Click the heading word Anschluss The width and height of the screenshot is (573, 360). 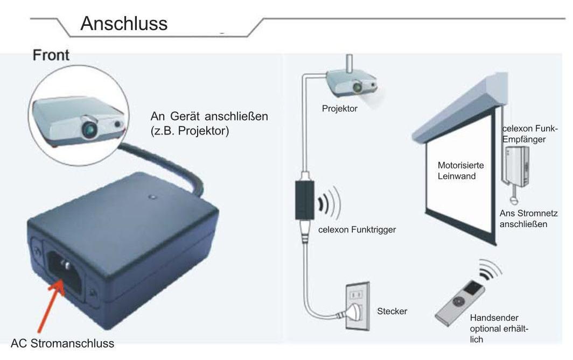coord(124,24)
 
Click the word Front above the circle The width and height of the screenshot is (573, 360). coord(51,55)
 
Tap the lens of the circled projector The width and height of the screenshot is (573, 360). coord(89,129)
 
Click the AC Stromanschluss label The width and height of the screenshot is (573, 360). coord(62,343)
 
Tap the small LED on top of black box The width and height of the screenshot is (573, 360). coord(153,197)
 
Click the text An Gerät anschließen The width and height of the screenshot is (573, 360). coord(209,116)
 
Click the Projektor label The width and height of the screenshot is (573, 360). coord(339,109)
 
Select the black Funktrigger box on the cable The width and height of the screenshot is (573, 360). coord(304,200)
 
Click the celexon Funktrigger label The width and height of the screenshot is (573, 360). coord(357,230)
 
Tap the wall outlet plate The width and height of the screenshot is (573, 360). coord(358,306)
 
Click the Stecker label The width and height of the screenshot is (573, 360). coord(392,311)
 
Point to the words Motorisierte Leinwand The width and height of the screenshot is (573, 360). coord(461,171)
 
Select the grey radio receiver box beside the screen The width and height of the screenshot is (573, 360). coord(515,165)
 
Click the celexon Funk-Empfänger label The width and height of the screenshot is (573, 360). coord(530,133)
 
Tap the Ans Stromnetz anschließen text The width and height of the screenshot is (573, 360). coord(528,218)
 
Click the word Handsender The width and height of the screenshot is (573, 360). coord(494,317)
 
